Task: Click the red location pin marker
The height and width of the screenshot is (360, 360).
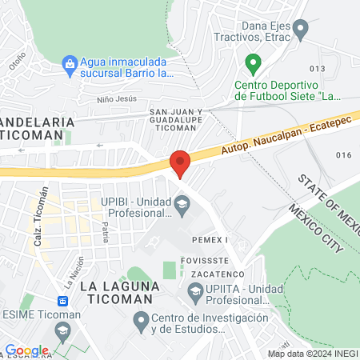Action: click(180, 164)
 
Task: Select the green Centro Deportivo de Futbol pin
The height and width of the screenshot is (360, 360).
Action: click(253, 62)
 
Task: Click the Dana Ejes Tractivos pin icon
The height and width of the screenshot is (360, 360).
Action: click(301, 31)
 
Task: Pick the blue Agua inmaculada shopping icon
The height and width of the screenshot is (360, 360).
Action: click(70, 62)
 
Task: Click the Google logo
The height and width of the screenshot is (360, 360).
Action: click(27, 350)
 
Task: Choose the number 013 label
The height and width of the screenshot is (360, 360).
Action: click(318, 69)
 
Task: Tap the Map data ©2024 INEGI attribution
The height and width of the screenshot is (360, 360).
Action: click(313, 353)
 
